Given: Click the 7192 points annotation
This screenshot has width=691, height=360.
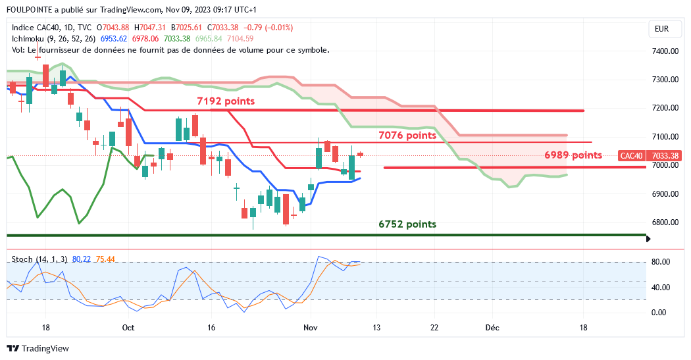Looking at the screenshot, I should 225,101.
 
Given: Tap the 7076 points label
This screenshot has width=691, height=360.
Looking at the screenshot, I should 407,136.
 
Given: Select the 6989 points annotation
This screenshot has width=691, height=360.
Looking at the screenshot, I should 573,155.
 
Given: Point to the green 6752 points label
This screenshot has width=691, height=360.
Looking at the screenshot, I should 407,224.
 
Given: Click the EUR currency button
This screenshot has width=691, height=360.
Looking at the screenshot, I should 661,29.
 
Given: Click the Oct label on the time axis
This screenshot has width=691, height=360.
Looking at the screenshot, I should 128,327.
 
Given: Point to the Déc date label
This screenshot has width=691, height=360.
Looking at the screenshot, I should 492,327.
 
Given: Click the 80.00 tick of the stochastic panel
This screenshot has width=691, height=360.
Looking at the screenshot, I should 661,262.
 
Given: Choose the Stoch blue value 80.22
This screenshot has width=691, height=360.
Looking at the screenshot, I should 81,259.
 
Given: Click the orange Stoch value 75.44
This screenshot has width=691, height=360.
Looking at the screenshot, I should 105,259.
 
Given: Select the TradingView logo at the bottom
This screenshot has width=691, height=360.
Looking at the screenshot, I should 38,348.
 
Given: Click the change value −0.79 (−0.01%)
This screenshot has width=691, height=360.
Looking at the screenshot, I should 268,28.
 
